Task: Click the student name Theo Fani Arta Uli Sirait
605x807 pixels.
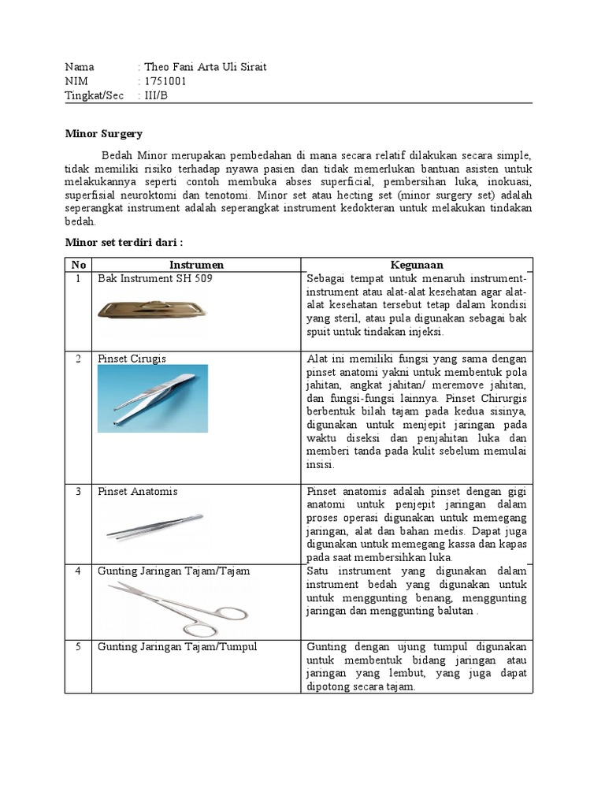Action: (x=205, y=67)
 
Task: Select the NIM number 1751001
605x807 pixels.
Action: (x=165, y=81)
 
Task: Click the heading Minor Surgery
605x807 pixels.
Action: (x=103, y=134)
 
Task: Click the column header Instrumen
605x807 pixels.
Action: (x=196, y=265)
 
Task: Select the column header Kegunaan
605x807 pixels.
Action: (x=417, y=265)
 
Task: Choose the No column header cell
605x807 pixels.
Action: (x=78, y=265)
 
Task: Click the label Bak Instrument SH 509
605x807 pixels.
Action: (x=155, y=279)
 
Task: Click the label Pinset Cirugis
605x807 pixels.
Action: (x=132, y=359)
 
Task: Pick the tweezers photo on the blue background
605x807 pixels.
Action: (x=153, y=398)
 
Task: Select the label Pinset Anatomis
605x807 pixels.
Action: (x=137, y=492)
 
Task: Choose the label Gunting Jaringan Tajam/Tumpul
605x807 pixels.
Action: (x=177, y=647)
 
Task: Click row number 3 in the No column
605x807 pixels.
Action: (x=78, y=492)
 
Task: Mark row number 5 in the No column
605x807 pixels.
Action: (x=78, y=647)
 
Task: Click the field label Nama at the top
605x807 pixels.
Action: (x=80, y=67)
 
